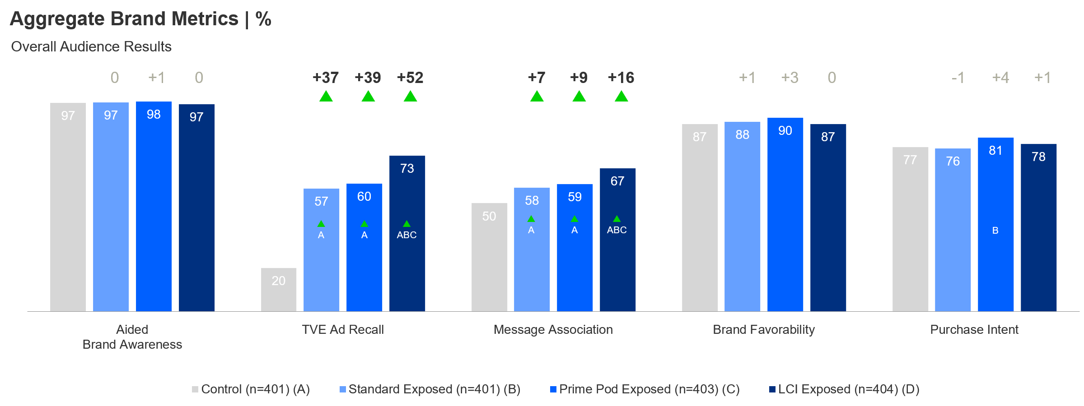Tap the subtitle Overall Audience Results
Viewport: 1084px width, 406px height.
click(91, 47)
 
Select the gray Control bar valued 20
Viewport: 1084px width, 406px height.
click(278, 290)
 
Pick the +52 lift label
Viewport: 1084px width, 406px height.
click(410, 78)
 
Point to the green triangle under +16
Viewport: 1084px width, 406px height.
click(621, 97)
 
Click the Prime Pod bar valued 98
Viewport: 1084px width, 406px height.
click(154, 208)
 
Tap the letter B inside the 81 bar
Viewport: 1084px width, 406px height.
click(995, 231)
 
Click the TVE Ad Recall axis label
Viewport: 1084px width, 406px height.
click(343, 330)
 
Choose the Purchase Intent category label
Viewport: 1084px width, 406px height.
click(974, 330)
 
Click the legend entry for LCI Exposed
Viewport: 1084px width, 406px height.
click(845, 389)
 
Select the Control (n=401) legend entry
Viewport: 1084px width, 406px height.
click(251, 389)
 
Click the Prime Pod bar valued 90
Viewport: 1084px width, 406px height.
click(785, 217)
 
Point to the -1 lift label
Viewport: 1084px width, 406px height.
click(958, 78)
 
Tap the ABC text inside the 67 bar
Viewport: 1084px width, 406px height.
click(617, 230)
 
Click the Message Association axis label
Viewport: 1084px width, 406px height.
click(553, 330)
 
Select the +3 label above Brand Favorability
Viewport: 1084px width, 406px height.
click(790, 78)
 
